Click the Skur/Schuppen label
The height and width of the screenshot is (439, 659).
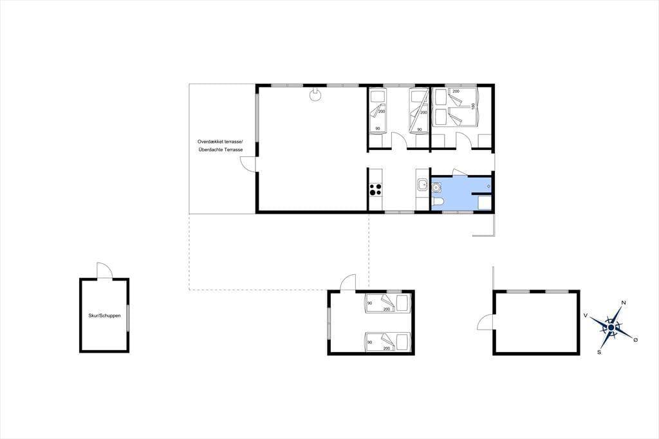[104, 315]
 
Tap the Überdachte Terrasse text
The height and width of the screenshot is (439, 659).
[221, 150]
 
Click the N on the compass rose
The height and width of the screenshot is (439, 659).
[624, 303]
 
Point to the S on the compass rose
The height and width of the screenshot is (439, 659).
[599, 352]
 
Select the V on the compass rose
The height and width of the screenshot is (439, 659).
[586, 315]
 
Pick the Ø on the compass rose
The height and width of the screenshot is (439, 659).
[635, 340]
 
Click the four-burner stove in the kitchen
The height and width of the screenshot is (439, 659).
[375, 190]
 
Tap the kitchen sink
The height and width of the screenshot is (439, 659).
[422, 185]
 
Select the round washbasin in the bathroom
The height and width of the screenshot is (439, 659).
[436, 187]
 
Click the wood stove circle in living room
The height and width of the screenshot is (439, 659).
[314, 95]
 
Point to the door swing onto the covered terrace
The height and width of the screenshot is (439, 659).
[248, 163]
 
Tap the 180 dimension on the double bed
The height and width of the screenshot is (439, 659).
[473, 106]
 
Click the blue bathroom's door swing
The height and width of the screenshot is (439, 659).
[459, 173]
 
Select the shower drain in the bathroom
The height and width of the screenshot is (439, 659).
[488, 186]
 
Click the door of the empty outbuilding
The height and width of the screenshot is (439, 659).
[486, 323]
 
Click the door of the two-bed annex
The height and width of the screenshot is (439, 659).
[348, 283]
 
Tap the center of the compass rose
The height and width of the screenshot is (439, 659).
[611, 327]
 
